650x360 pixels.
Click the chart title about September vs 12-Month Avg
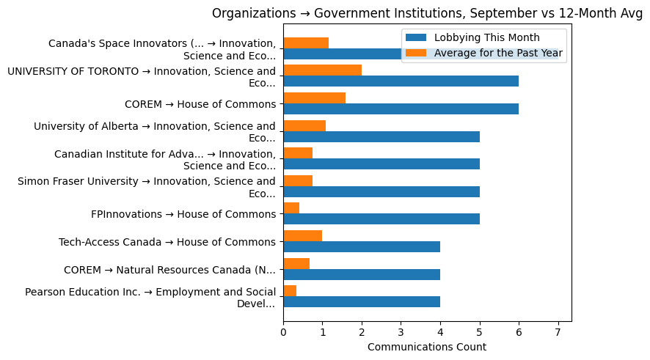pyautogui.click(x=427, y=13)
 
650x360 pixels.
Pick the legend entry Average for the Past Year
pyautogui.click(x=498, y=53)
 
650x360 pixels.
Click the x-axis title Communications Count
pyautogui.click(x=426, y=347)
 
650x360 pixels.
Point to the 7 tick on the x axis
pyautogui.click(x=558, y=332)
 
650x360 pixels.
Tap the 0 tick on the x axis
pyautogui.click(x=283, y=332)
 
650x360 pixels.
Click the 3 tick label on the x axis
pyautogui.click(x=401, y=332)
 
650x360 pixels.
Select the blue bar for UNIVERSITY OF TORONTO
pyautogui.click(x=401, y=81)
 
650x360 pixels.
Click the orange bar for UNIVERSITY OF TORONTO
pyautogui.click(x=322, y=70)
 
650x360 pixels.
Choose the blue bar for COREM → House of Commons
pyautogui.click(x=401, y=109)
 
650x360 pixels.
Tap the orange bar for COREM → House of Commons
pyautogui.click(x=314, y=98)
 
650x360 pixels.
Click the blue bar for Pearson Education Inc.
pyautogui.click(x=362, y=301)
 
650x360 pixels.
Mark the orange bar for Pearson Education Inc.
pyautogui.click(x=290, y=290)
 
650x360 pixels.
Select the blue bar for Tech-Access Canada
pyautogui.click(x=362, y=246)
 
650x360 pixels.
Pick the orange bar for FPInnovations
pyautogui.click(x=291, y=207)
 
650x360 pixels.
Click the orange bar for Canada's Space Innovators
pyautogui.click(x=306, y=43)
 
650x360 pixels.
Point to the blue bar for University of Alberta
pyautogui.click(x=381, y=136)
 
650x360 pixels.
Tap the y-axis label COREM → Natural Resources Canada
pyautogui.click(x=169, y=269)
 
